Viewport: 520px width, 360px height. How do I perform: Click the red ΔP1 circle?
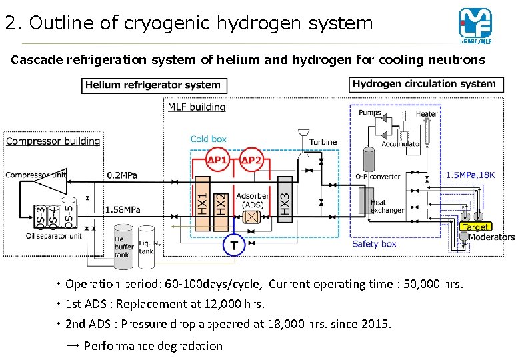[217, 160]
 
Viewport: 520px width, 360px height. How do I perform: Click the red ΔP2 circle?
[251, 160]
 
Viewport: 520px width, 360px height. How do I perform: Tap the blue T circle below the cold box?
[233, 245]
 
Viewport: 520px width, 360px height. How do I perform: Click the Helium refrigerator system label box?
[155, 85]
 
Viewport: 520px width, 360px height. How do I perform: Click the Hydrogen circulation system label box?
[424, 84]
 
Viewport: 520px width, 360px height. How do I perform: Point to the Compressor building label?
[53, 141]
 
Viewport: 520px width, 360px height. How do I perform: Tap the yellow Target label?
[476, 227]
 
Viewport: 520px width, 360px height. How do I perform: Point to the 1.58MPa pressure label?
[123, 209]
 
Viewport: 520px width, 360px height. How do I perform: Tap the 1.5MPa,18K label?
[470, 175]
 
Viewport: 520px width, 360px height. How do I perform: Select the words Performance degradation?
[153, 346]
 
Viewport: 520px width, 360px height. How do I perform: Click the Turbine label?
[323, 142]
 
